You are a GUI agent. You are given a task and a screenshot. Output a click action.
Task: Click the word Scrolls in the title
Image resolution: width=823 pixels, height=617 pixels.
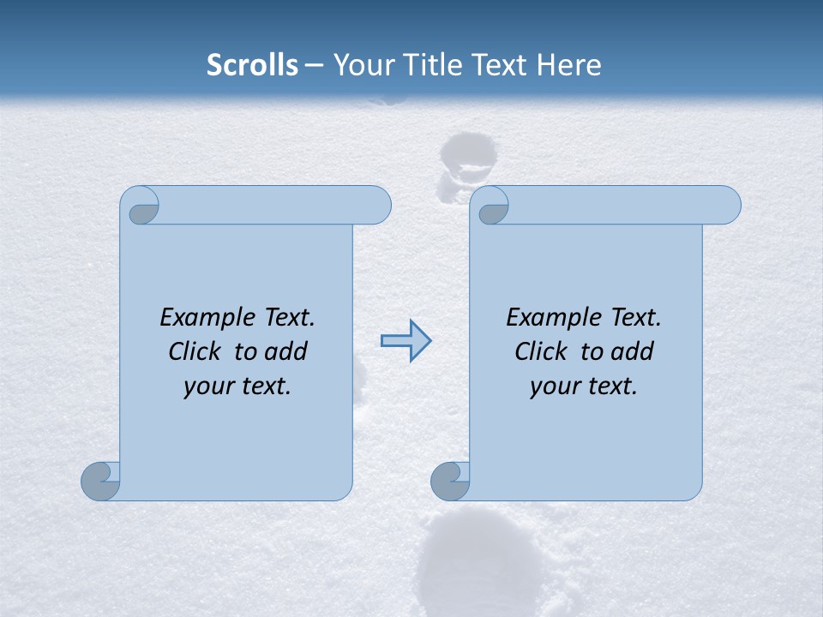tap(252, 65)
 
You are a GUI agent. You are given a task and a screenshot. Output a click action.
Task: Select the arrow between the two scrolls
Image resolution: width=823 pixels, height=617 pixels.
tap(405, 341)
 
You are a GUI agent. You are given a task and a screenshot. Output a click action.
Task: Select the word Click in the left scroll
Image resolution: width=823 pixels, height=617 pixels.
tap(196, 351)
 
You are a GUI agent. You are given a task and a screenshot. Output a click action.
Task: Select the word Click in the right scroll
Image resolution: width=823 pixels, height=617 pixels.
tap(542, 351)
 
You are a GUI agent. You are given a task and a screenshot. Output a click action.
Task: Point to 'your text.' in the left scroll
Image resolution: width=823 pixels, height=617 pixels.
tap(237, 386)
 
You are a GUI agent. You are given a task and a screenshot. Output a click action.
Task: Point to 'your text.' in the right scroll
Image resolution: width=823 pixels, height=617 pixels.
tap(584, 386)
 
